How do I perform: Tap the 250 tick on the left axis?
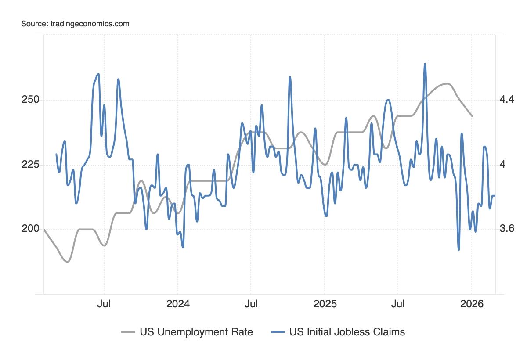tap(30, 100)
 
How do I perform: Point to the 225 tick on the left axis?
tap(30, 165)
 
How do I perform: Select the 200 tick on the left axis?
tap(30, 229)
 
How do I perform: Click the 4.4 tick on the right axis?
tap(506, 100)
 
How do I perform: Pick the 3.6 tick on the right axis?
tap(506, 229)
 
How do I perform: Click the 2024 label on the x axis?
tap(177, 304)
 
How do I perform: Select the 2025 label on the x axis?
tap(325, 304)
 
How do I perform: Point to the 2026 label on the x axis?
tap(471, 304)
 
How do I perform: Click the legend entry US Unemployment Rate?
tap(196, 332)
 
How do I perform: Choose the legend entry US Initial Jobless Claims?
tap(347, 332)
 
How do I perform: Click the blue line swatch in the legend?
tap(278, 332)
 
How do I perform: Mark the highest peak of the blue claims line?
tap(425, 64)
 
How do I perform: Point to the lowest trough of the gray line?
tap(67, 262)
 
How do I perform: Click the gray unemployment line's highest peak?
tap(447, 83)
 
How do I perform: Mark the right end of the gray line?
tap(472, 116)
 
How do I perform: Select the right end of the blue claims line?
tap(495, 195)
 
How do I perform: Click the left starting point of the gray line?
tap(44, 229)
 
